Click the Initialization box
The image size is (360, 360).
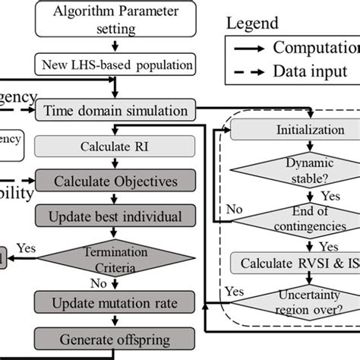point(292,130)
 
